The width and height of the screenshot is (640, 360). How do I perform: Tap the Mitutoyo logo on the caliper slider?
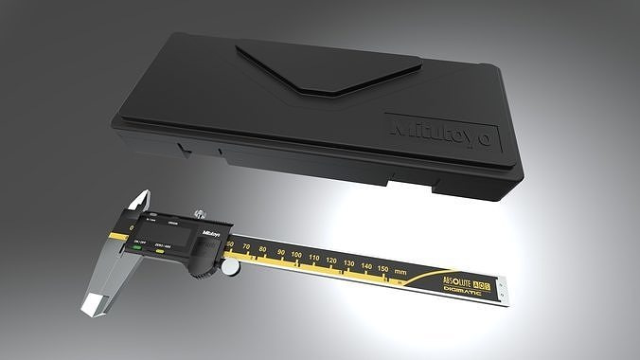[x=209, y=230]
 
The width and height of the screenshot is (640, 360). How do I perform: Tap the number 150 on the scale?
[x=382, y=269]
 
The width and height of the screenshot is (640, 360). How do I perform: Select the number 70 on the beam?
[x=248, y=249]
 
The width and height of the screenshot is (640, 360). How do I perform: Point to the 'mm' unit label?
[x=400, y=272]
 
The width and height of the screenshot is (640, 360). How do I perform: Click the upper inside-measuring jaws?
[x=138, y=203]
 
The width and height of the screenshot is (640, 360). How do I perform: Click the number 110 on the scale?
[x=314, y=259]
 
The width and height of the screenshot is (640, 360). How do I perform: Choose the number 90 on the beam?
[x=280, y=254]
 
